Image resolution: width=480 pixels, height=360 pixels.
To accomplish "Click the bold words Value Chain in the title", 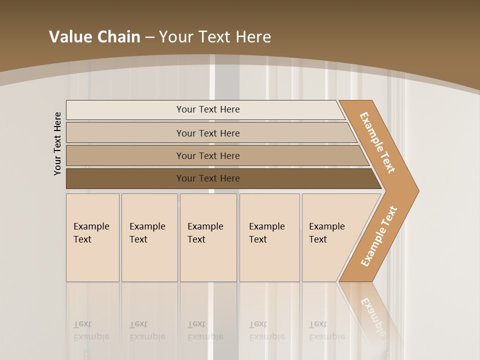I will click(94, 37).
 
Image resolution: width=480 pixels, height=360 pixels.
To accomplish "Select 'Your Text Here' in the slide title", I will click(215, 37).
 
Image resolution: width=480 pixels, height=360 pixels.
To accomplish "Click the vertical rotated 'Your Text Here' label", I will click(57, 143).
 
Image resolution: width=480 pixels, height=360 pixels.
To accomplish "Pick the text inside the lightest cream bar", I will click(208, 109).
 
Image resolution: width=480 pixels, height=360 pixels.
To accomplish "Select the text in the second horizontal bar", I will click(208, 133).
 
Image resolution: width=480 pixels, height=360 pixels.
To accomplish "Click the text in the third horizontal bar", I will click(208, 156).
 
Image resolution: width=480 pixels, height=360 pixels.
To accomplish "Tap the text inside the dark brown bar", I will click(208, 178).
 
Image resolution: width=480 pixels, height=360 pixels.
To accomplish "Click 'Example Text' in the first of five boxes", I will click(91, 233).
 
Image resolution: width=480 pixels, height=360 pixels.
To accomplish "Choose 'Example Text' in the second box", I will click(147, 233).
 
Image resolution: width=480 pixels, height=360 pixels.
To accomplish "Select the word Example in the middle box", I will click(205, 226).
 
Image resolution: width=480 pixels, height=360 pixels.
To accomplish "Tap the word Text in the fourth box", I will click(258, 239).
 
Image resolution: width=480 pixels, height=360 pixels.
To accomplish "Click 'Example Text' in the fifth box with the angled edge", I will click(326, 233).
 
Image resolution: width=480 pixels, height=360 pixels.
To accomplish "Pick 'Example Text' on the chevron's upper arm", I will click(377, 142).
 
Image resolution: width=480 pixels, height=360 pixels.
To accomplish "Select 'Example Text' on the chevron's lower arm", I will click(379, 236).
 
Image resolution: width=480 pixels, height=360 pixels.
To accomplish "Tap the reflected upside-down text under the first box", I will click(91, 331).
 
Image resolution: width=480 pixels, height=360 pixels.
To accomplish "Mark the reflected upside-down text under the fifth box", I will click(326, 331).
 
